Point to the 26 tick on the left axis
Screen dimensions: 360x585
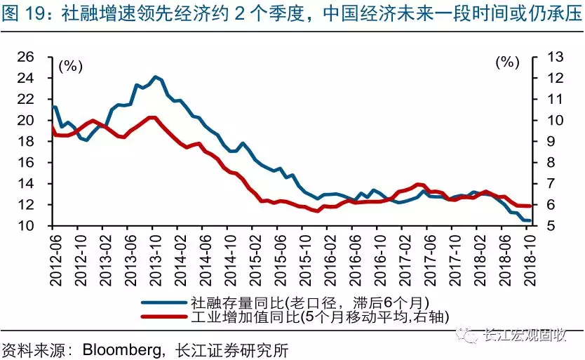34,57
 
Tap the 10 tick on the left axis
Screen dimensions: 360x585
34,226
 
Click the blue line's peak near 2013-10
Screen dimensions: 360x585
155,76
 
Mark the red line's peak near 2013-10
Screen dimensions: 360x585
154,117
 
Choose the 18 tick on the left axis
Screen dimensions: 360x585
34,141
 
